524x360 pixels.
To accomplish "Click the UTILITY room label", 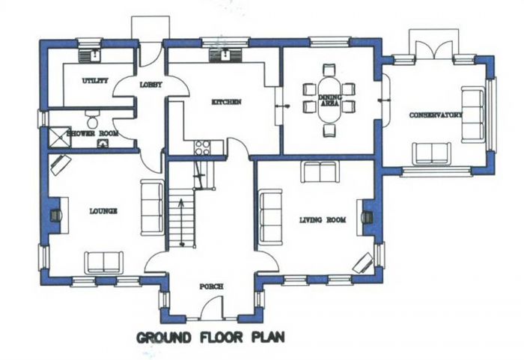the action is pos(95,81).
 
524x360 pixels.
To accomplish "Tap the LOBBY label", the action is pos(150,85).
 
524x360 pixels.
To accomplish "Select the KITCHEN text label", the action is pos(226,102).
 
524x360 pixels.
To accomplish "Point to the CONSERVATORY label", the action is pos(436,115).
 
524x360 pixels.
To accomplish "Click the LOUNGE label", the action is pos(103,211).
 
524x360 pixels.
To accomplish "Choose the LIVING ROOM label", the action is pos(323,220).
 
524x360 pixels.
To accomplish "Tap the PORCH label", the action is pos(211,287).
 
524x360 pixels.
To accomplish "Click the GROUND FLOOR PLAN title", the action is pos(210,338).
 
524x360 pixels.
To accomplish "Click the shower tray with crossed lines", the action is pos(60,137).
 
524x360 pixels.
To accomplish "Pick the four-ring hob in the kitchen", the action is pos(203,147).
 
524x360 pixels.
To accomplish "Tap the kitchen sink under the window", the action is pos(225,55).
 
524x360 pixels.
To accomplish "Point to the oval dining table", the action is pos(329,100).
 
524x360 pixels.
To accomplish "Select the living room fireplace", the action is pos(367,217).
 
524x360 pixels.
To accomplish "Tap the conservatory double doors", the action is pos(434,50).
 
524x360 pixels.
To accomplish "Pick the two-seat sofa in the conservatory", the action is pos(431,153).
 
